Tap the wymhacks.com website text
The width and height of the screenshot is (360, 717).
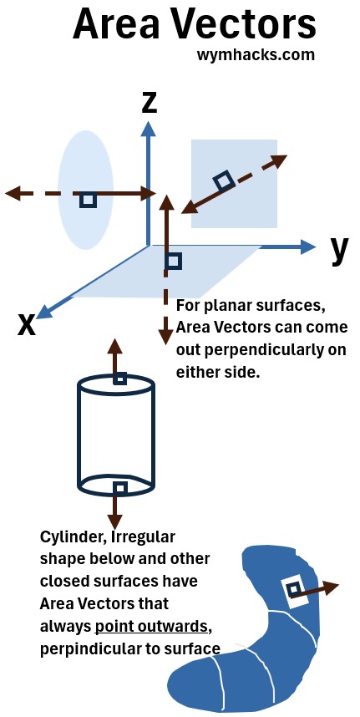(256, 55)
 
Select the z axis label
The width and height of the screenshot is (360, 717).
(149, 103)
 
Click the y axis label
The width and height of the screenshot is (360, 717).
(339, 250)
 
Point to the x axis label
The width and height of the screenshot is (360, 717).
(27, 325)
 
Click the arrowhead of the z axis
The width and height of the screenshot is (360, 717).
(148, 129)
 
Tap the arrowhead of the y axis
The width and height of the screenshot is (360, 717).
(308, 247)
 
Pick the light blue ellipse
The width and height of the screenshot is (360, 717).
(85, 190)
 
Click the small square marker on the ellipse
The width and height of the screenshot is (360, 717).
(89, 200)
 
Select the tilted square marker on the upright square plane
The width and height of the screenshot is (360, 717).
(224, 181)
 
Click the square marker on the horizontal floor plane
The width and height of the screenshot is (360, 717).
(173, 262)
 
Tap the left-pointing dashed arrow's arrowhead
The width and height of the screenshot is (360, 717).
(13, 193)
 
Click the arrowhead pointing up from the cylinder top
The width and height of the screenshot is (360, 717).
(114, 346)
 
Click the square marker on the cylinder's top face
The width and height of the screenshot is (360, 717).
(120, 379)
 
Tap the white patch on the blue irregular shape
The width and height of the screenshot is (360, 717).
(295, 592)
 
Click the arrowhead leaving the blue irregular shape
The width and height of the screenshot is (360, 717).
(331, 587)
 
